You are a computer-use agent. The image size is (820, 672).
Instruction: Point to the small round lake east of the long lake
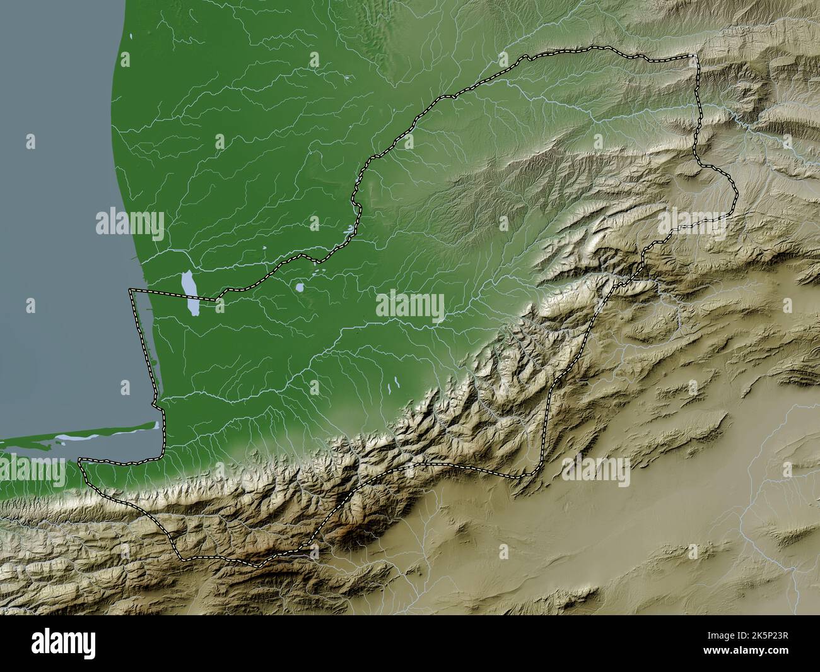(300, 288)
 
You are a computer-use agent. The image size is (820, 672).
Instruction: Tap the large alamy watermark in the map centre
(410, 307)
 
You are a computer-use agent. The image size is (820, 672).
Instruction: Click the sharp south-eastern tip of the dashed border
(518, 478)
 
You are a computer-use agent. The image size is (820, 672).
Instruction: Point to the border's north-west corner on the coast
(131, 290)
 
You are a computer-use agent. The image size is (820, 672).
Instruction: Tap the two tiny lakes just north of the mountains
(396, 382)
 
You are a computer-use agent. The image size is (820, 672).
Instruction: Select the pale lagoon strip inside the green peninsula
(73, 437)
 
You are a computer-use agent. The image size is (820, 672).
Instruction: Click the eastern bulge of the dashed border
(735, 189)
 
